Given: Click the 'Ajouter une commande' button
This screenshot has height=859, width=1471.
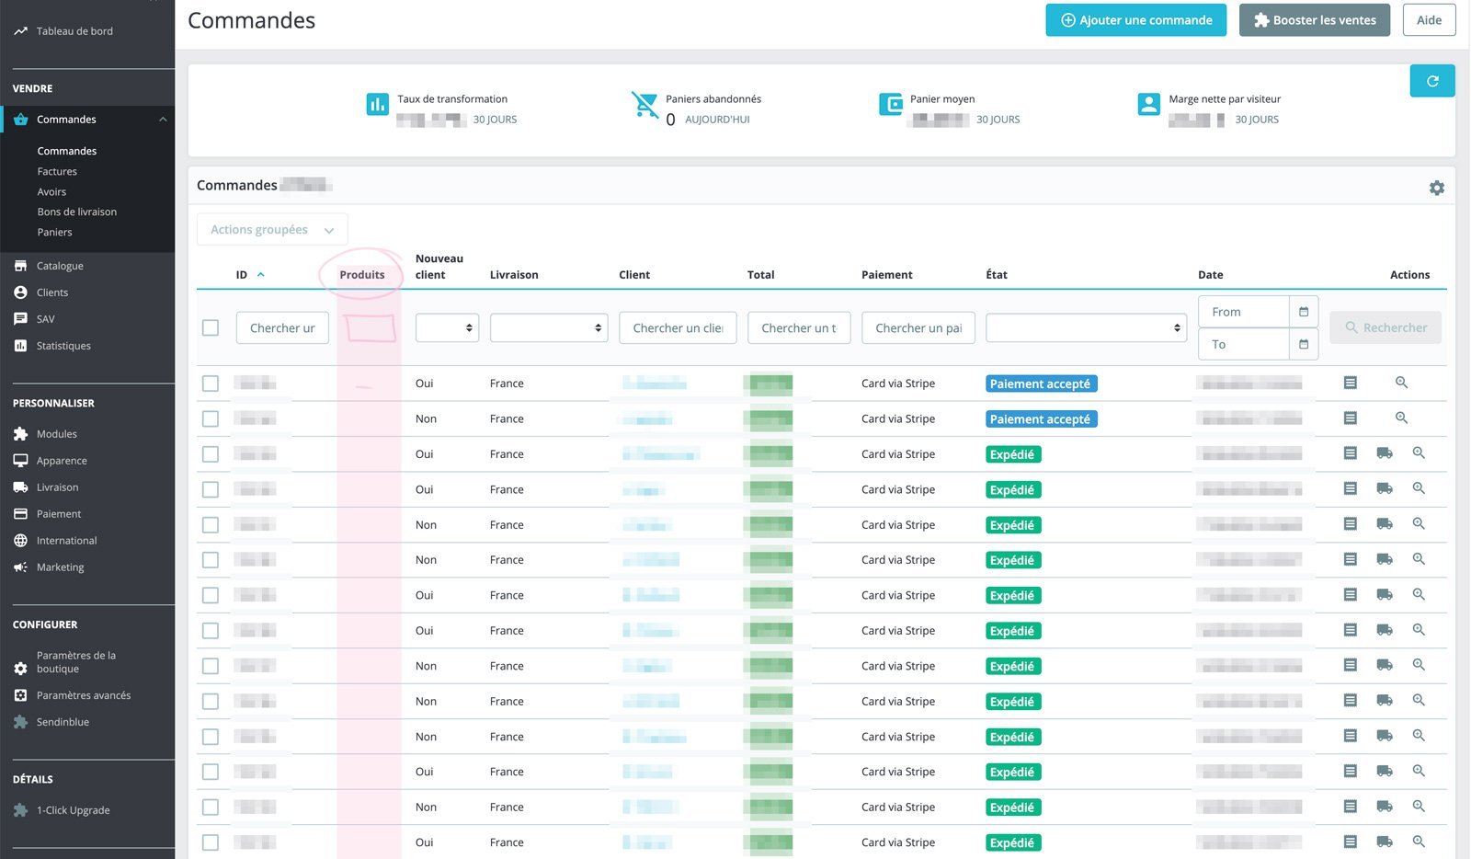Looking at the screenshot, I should (x=1135, y=20).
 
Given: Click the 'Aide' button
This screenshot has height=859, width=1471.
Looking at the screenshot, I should (x=1429, y=20).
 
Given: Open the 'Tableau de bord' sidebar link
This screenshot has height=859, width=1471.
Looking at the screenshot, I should (x=74, y=31).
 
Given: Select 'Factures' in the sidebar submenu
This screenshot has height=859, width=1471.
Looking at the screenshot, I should (x=57, y=172).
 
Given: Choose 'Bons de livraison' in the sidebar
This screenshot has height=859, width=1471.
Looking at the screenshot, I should (x=77, y=212).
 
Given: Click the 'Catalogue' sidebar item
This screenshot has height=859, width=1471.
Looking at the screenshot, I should (x=60, y=266).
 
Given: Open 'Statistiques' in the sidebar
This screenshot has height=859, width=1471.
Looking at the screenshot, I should (x=63, y=346).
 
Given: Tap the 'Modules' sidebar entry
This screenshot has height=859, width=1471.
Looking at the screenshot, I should (x=56, y=434).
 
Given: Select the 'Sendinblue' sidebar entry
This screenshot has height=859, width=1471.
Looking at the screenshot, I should (x=63, y=722).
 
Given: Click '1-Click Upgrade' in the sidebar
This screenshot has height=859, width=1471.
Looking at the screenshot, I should (x=73, y=810).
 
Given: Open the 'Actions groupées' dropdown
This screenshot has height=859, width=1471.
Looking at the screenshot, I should (x=272, y=230).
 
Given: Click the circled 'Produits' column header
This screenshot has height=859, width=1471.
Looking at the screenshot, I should (x=362, y=275).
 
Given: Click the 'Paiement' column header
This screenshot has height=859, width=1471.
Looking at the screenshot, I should (x=886, y=275).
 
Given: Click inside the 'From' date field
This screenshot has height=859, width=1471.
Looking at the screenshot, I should (x=1244, y=313).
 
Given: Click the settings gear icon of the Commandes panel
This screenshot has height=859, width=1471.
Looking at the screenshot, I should (x=1436, y=188).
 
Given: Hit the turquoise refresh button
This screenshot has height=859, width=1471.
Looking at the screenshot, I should (x=1431, y=81).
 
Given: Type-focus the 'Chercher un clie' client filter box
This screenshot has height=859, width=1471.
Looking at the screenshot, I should (x=678, y=328).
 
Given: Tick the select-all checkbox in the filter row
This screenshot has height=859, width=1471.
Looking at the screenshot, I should (x=211, y=328).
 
